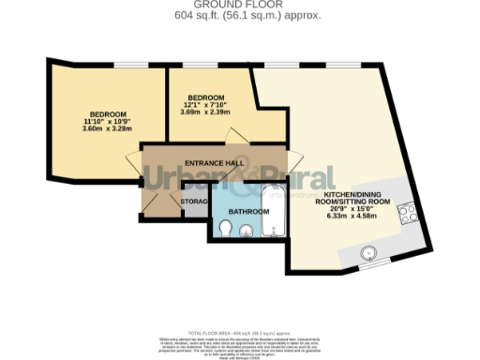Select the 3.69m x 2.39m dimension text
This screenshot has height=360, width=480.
pos(204,112)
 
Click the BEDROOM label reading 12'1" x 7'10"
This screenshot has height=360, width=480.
pos(205,97)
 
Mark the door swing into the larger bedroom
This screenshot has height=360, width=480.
pos(150,171)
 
